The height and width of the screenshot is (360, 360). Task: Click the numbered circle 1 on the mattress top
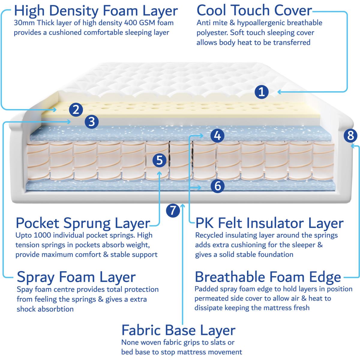(x=262, y=92)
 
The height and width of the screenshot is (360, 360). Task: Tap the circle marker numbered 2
(x=76, y=109)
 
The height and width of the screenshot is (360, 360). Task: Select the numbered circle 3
(x=91, y=121)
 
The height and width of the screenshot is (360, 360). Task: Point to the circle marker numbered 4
(x=217, y=136)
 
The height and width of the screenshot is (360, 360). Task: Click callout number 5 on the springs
(x=159, y=160)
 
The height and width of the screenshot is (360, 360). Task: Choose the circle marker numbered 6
(x=217, y=186)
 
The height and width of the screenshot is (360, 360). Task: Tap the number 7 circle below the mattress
(x=173, y=210)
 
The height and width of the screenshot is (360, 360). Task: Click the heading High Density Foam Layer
(x=96, y=11)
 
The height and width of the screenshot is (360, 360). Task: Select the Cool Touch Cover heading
(x=254, y=10)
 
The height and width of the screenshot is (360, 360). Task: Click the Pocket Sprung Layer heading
(x=83, y=223)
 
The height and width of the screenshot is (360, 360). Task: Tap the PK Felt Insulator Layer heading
(x=269, y=223)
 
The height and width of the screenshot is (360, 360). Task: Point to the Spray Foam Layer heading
(x=76, y=277)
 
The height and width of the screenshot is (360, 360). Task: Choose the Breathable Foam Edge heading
(x=268, y=277)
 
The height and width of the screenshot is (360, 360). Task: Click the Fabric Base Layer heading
(x=178, y=331)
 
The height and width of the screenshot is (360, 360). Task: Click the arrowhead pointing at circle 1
(x=279, y=92)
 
